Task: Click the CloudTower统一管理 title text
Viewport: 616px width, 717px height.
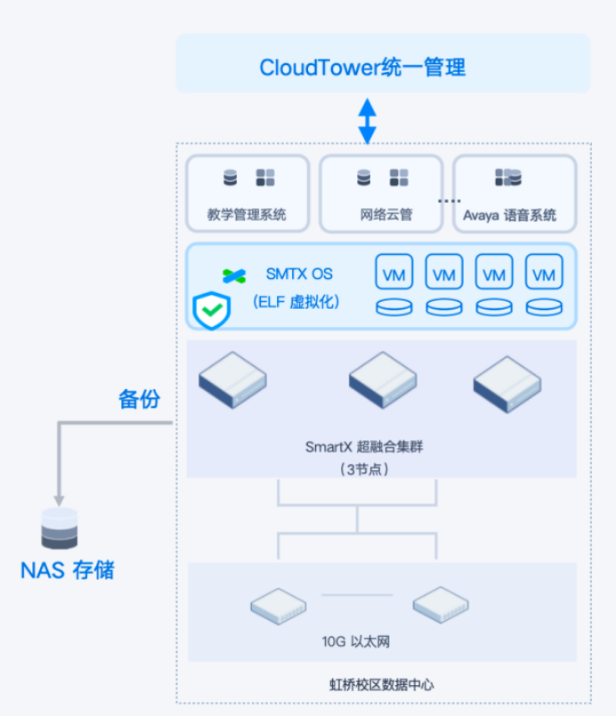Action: tap(362, 67)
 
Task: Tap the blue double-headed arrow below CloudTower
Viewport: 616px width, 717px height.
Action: tap(367, 121)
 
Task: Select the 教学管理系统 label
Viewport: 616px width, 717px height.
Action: tap(247, 214)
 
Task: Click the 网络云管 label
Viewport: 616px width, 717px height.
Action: tap(386, 214)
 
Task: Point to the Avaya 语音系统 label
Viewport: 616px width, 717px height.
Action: tap(509, 215)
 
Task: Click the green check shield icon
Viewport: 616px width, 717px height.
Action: tap(212, 311)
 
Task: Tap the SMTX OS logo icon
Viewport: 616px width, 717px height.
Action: tap(234, 276)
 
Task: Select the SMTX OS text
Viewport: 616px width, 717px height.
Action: tap(299, 274)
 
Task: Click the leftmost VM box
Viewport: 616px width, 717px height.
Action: tap(394, 272)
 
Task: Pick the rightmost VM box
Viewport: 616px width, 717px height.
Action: tap(544, 272)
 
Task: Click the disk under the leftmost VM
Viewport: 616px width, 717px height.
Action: tap(394, 306)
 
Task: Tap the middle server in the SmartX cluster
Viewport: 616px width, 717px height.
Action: tap(383, 379)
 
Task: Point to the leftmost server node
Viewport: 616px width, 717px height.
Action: tap(232, 379)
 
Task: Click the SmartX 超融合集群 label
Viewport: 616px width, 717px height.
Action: tap(364, 446)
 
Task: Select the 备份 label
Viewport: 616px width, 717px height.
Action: tap(140, 399)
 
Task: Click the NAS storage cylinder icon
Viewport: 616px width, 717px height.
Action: tap(60, 528)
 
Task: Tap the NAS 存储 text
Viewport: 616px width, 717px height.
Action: tap(68, 570)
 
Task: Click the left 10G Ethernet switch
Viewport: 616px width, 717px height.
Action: tap(279, 606)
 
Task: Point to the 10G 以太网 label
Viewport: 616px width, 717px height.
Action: tap(356, 641)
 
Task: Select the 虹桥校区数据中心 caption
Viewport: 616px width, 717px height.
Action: tap(382, 685)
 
